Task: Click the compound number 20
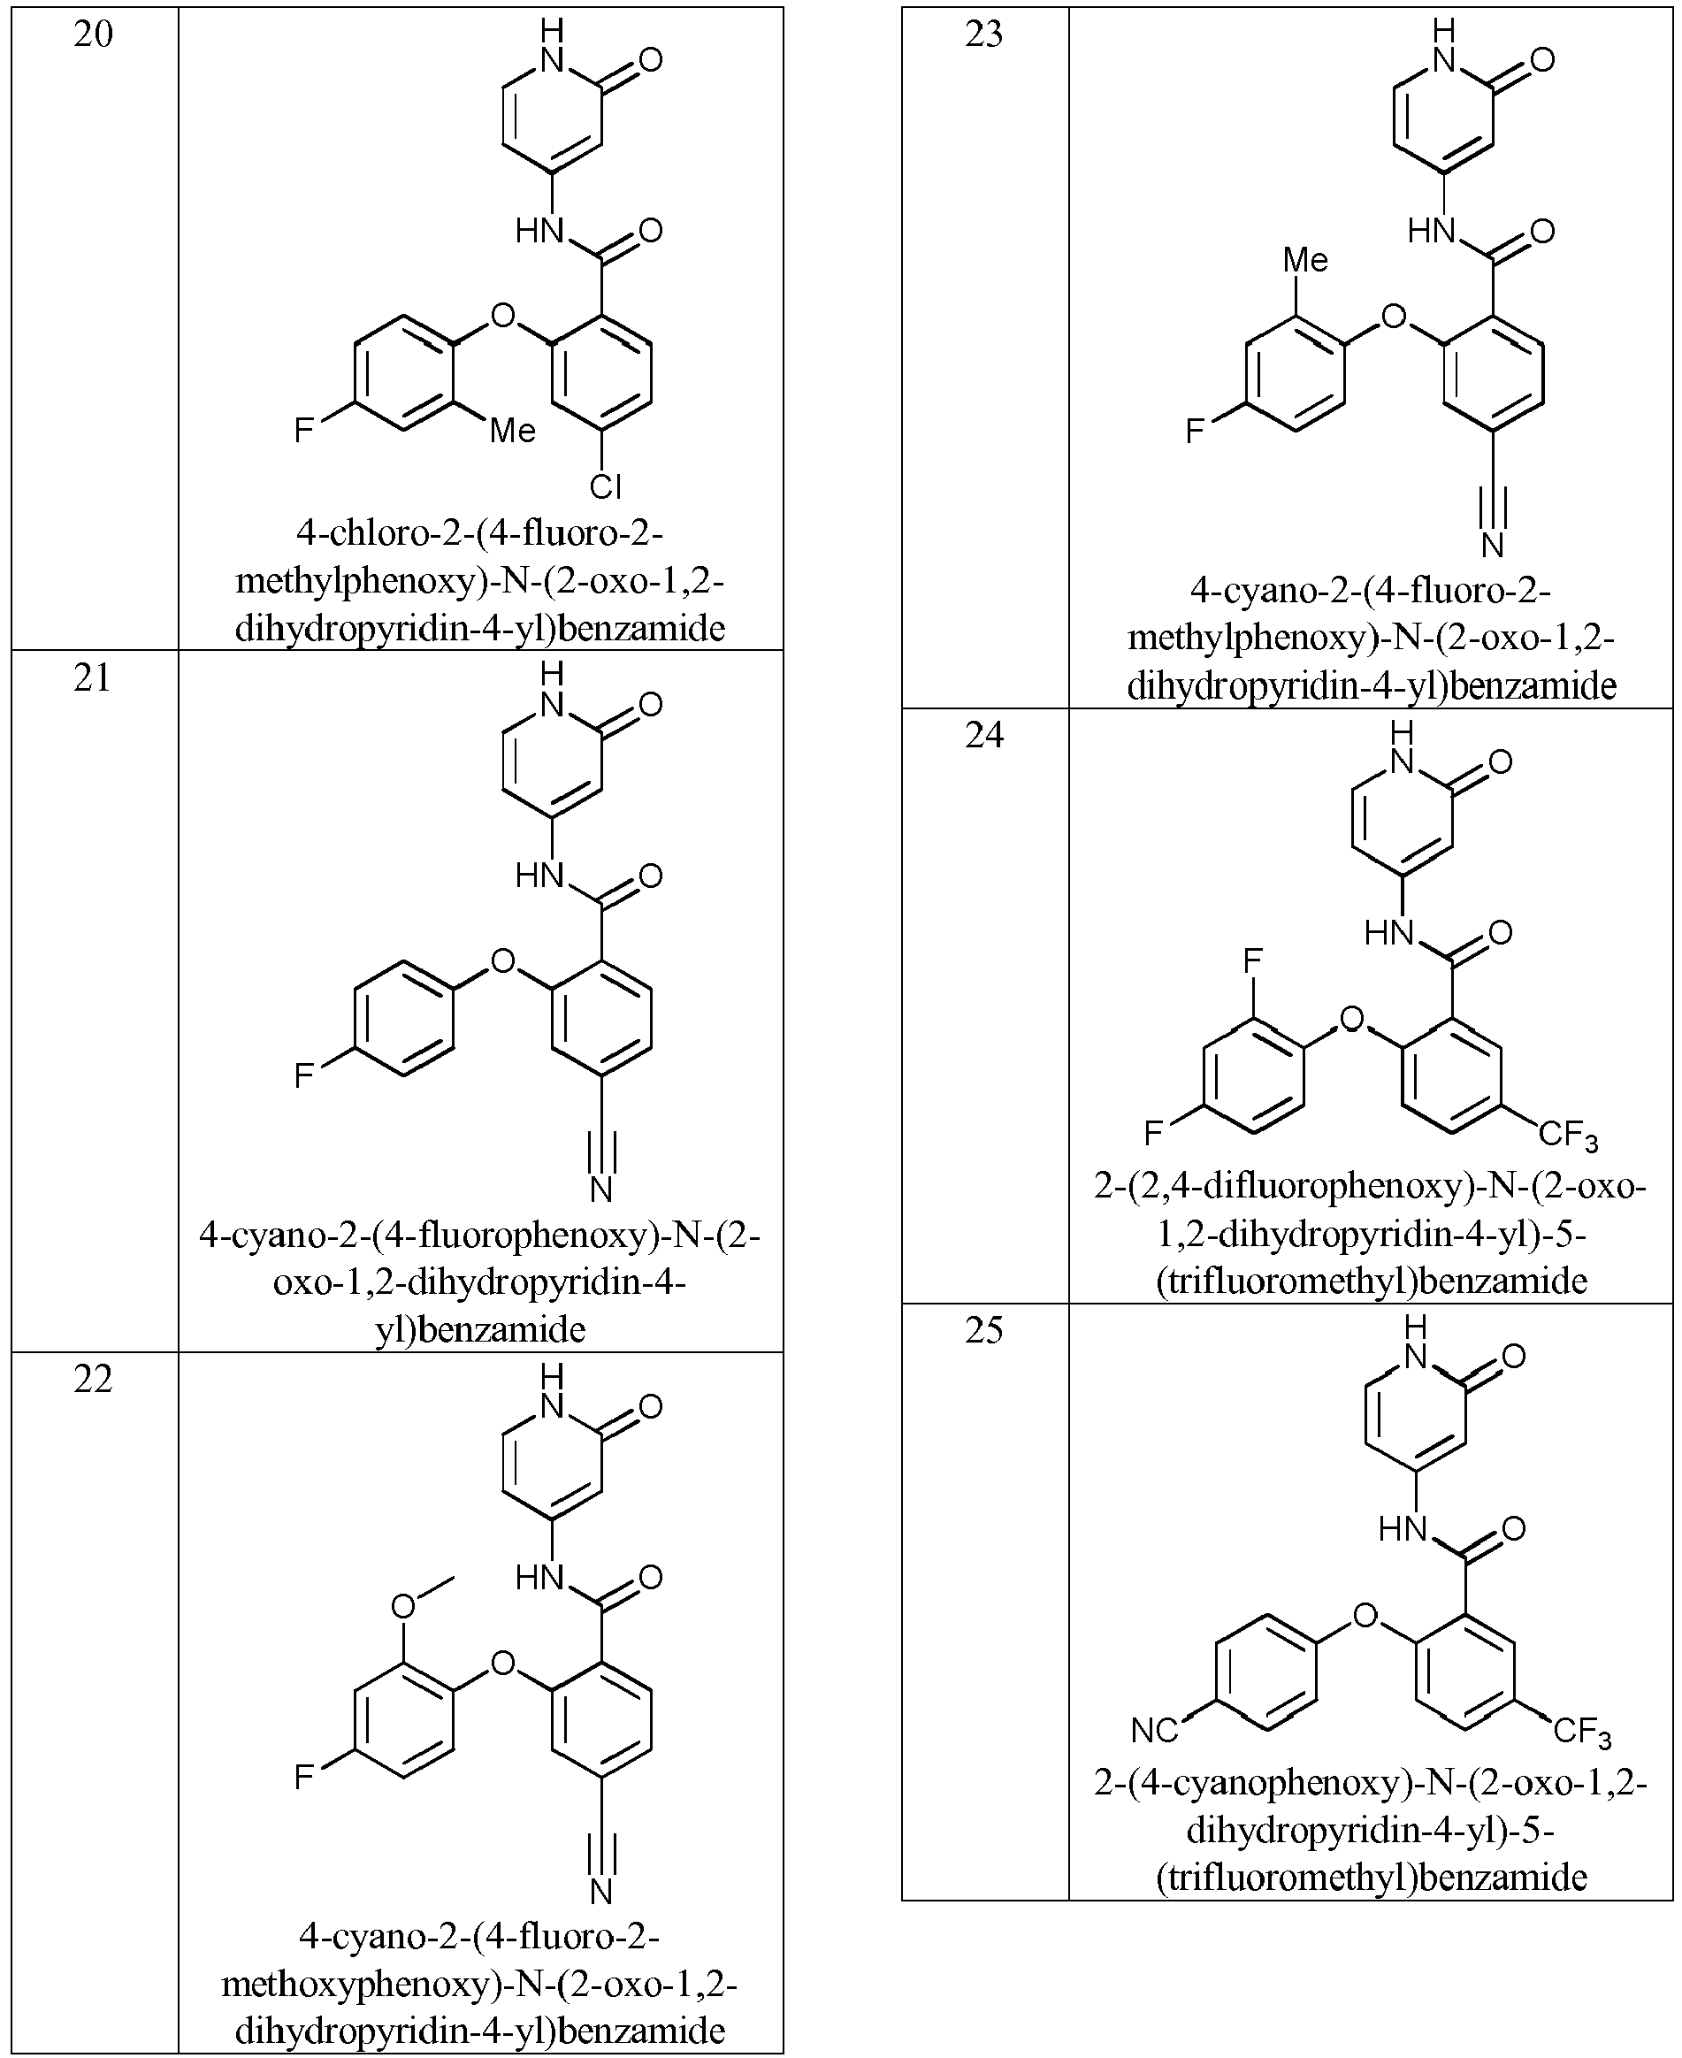[x=93, y=34]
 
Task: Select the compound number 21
[x=93, y=678]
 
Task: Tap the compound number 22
[x=93, y=1380]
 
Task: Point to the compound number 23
[x=983, y=34]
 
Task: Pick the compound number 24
[x=983, y=736]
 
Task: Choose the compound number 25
[x=983, y=1330]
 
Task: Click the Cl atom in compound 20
[x=606, y=486]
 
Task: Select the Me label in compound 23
[x=1305, y=260]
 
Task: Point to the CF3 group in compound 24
[x=1569, y=1136]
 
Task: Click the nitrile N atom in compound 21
[x=601, y=1189]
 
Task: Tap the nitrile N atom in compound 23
[x=1492, y=546]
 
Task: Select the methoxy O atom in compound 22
[x=402, y=1606]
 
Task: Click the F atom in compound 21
[x=304, y=1075]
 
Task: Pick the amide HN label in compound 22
[x=539, y=1578]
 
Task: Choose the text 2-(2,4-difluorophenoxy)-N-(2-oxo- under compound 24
[x=1371, y=1185]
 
